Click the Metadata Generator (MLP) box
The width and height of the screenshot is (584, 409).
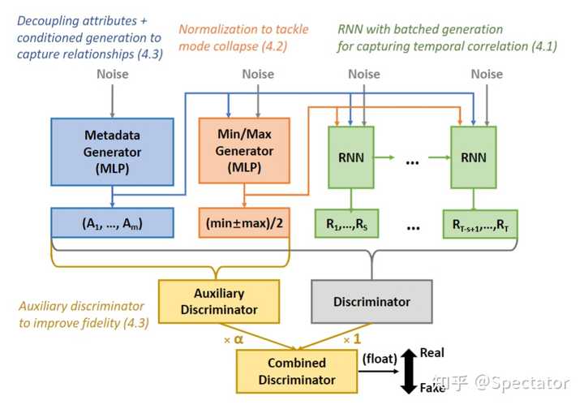click(112, 153)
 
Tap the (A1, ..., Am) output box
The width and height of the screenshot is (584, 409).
click(112, 223)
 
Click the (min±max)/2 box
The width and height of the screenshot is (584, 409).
click(244, 223)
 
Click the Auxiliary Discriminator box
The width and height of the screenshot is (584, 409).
click(219, 300)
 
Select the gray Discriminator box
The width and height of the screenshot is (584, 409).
click(372, 301)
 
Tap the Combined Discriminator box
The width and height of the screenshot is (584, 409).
click(297, 370)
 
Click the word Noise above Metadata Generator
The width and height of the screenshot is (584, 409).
click(112, 75)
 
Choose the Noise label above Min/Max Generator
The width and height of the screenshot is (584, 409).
click(258, 75)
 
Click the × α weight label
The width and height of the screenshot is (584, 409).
click(234, 340)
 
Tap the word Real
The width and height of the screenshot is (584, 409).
click(432, 353)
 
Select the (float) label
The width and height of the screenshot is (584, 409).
click(380, 358)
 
